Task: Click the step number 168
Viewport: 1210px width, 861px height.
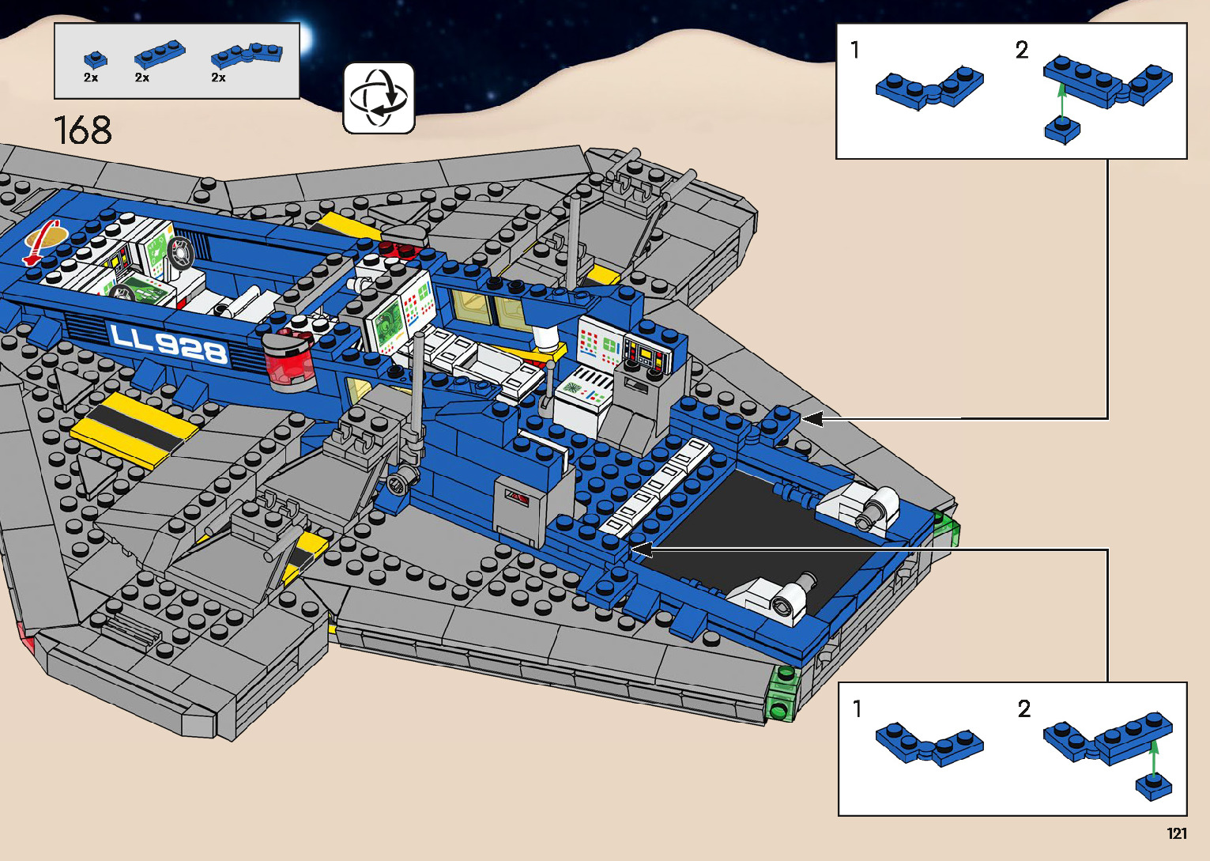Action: (82, 130)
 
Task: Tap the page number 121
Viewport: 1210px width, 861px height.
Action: (1177, 833)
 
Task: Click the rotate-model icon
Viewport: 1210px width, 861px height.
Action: (379, 98)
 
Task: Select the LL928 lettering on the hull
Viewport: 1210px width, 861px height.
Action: (169, 343)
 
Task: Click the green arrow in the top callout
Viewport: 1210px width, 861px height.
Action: (1062, 100)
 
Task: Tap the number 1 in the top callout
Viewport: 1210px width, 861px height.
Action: (855, 51)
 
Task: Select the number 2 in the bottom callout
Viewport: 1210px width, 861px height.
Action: (1024, 709)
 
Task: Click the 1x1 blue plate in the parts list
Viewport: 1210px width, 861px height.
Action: (95, 59)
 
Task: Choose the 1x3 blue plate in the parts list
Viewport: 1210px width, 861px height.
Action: (160, 55)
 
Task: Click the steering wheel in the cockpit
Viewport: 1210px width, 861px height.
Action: (181, 253)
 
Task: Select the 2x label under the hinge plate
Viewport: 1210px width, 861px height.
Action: (218, 77)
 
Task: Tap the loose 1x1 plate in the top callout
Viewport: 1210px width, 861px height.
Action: (1062, 130)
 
